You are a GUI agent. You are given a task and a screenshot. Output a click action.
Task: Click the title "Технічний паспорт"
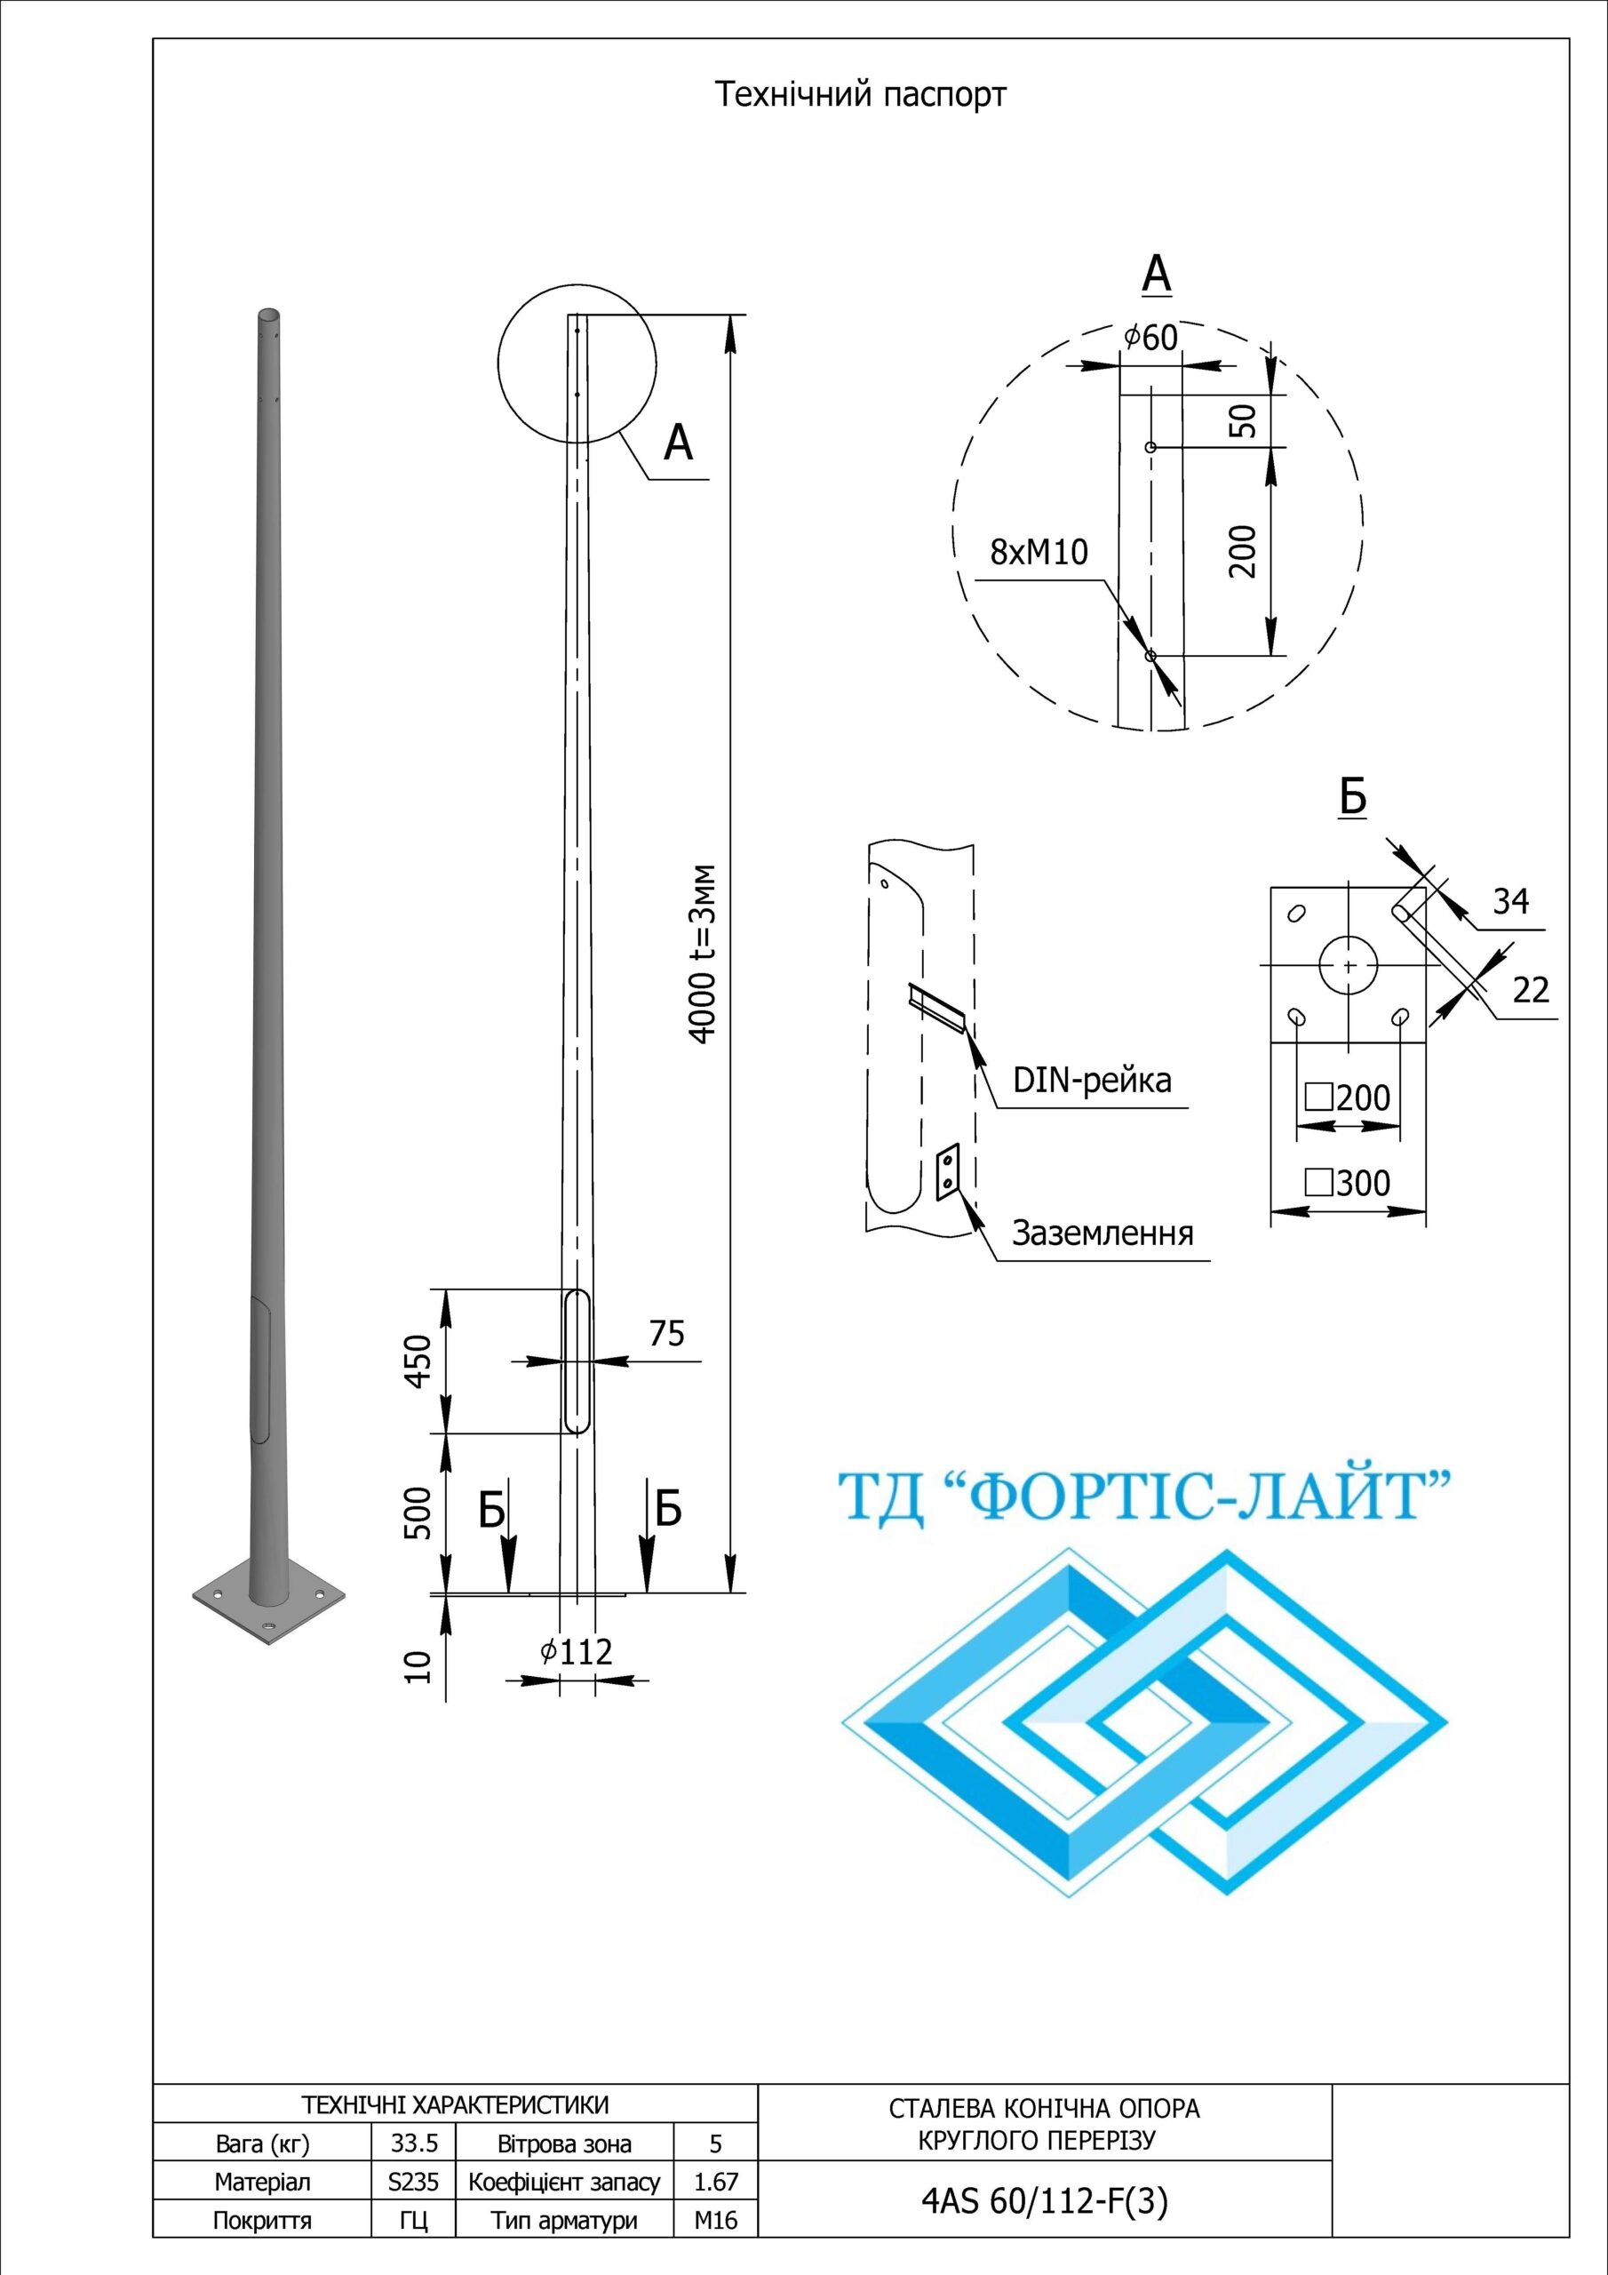pyautogui.click(x=860, y=95)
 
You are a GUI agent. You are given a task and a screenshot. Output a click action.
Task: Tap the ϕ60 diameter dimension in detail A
pyautogui.click(x=1151, y=338)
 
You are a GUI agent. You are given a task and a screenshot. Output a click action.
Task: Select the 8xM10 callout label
pyautogui.click(x=1039, y=552)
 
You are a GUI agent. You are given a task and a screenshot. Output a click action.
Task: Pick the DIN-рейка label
pyautogui.click(x=1092, y=1080)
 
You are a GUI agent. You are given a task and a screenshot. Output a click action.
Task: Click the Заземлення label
pyautogui.click(x=1102, y=1233)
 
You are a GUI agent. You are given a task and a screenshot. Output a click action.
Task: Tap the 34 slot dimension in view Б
pyautogui.click(x=1510, y=902)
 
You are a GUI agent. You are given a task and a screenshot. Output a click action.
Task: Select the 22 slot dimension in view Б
pyautogui.click(x=1531, y=990)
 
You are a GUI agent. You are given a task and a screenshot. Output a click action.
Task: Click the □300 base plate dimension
pyautogui.click(x=1349, y=1183)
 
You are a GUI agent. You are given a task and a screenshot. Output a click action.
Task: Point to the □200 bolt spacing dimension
pyautogui.click(x=1349, y=1098)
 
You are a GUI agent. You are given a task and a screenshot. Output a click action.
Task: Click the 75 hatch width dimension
pyautogui.click(x=667, y=1334)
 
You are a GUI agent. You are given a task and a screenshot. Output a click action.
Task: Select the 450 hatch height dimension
pyautogui.click(x=419, y=1361)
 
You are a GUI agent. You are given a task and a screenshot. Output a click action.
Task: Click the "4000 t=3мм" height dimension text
pyautogui.click(x=702, y=954)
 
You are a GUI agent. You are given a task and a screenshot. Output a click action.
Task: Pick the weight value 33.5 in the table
pyautogui.click(x=414, y=2143)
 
